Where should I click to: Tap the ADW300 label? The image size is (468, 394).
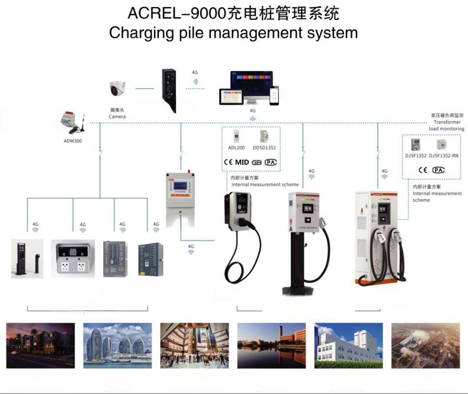(x=73, y=141)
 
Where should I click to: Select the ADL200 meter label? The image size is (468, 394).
(x=236, y=148)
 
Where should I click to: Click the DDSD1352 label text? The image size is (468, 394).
(x=264, y=148)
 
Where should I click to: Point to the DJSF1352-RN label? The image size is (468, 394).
(x=444, y=156)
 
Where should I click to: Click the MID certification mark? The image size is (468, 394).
(x=242, y=162)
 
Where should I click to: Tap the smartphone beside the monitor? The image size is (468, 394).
(x=275, y=95)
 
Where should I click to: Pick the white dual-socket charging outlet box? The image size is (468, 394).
(x=73, y=259)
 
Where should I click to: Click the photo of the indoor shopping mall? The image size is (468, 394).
(x=195, y=346)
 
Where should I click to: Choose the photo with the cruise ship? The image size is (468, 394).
(x=117, y=346)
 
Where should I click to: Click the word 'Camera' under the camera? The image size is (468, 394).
(x=117, y=117)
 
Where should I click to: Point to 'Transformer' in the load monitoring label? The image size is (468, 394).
(x=447, y=122)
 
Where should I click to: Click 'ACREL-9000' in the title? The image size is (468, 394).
(x=177, y=13)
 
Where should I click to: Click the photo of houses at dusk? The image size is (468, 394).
(x=41, y=346)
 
